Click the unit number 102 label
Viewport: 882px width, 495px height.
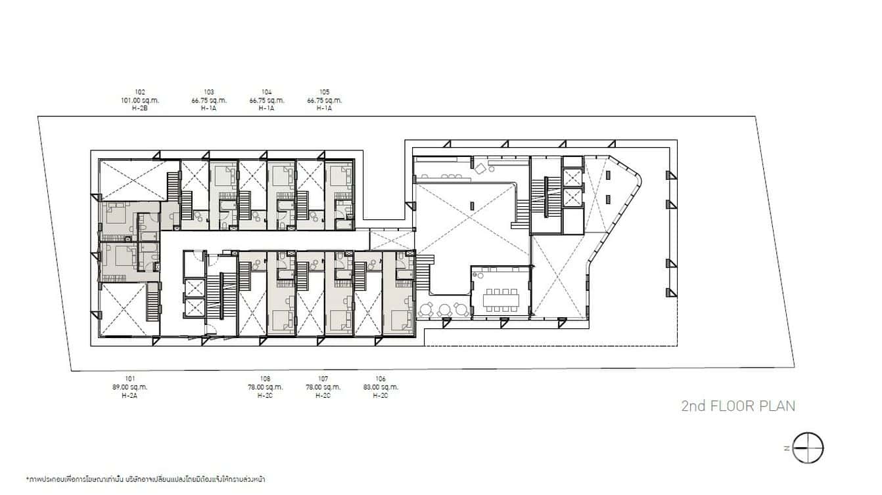pyautogui.click(x=139, y=93)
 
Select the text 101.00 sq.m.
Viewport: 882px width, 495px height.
pyautogui.click(x=139, y=100)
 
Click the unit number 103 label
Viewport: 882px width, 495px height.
pyautogui.click(x=209, y=93)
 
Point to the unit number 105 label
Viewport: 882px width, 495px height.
pyautogui.click(x=324, y=93)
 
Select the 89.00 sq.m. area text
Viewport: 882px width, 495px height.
pyautogui.click(x=130, y=387)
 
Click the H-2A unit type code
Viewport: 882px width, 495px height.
pyautogui.click(x=130, y=395)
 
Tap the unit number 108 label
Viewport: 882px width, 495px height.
pyautogui.click(x=266, y=379)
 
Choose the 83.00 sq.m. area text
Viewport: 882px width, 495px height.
pyautogui.click(x=381, y=387)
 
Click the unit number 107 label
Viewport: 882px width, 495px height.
pyautogui.click(x=323, y=379)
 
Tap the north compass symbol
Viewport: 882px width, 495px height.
pyautogui.click(x=808, y=448)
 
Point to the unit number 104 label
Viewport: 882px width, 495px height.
pyautogui.click(x=266, y=93)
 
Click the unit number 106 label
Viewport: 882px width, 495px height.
pyautogui.click(x=381, y=379)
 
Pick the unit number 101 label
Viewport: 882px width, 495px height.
pyautogui.click(x=130, y=379)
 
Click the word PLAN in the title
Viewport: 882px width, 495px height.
pyautogui.click(x=778, y=406)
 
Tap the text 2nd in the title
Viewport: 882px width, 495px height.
pyautogui.click(x=694, y=406)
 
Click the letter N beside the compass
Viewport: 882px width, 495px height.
pyautogui.click(x=786, y=448)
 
